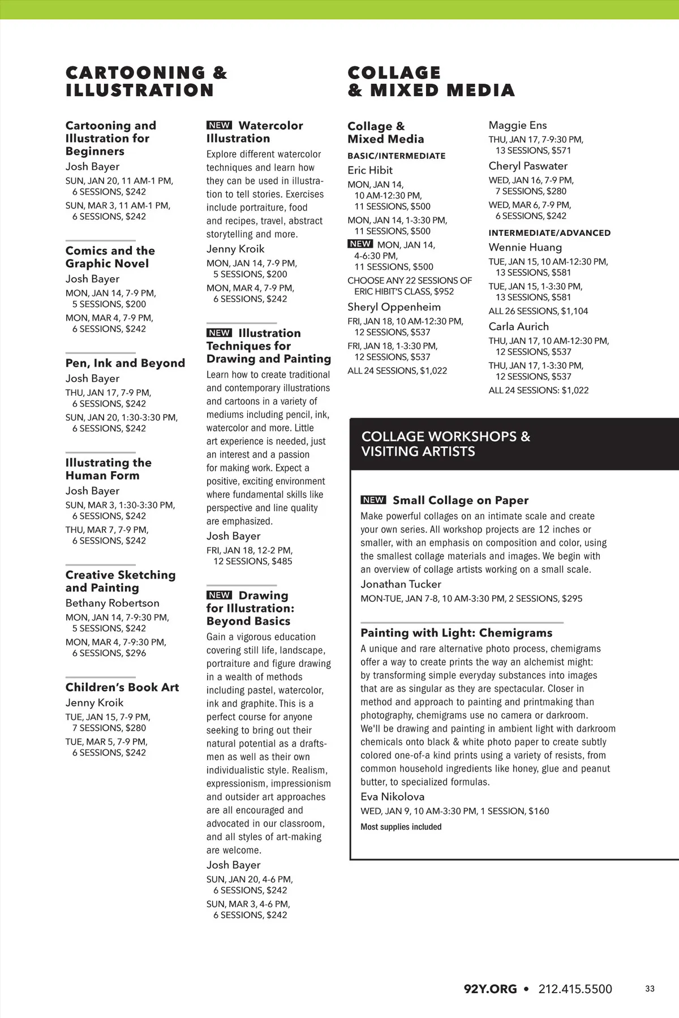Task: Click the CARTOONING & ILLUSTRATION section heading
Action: [146, 81]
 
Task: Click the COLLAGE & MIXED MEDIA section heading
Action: [431, 81]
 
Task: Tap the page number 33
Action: [650, 989]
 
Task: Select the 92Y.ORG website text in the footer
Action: [490, 989]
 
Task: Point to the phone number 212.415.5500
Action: [575, 989]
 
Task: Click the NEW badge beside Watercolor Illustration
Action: [219, 126]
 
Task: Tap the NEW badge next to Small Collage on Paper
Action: [373, 500]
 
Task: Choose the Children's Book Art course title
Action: [122, 687]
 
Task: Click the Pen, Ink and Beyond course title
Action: [125, 363]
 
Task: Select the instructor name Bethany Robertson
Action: [112, 603]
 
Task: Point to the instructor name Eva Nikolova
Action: [392, 796]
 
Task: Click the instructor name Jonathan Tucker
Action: [401, 584]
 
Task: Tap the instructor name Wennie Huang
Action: [525, 247]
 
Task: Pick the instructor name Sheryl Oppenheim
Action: [394, 307]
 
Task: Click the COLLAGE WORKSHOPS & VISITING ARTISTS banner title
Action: [446, 444]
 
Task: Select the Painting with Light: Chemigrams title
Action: [456, 633]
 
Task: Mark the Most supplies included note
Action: [401, 827]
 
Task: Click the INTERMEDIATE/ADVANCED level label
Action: [549, 232]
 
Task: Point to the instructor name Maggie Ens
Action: [518, 125]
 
